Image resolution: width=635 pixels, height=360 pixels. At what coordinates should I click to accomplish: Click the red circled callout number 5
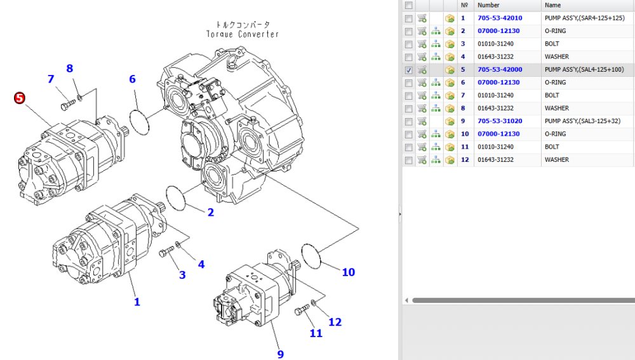[x=20, y=98]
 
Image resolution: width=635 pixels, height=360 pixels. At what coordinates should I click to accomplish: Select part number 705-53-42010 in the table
[x=500, y=18]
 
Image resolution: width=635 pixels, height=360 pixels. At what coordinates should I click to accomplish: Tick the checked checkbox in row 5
[x=408, y=70]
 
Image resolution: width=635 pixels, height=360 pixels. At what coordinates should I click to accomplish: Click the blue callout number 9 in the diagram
[x=280, y=354]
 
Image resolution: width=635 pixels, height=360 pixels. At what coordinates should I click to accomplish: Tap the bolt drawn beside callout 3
[x=166, y=251]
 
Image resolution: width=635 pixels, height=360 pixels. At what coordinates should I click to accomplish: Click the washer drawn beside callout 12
[x=314, y=302]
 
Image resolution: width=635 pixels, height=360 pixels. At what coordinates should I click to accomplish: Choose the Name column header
[x=552, y=5]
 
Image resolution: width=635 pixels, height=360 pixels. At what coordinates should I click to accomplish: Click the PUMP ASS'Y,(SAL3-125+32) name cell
[x=582, y=121]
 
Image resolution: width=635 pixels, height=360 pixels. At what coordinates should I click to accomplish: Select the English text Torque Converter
[x=242, y=34]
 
